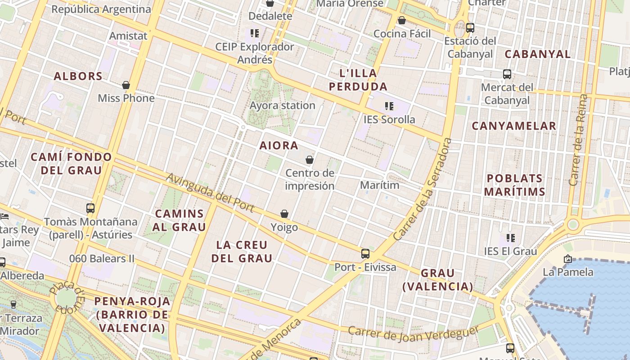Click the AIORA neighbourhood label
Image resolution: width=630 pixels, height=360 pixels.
pos(279,145)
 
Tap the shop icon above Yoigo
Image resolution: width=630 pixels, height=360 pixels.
pos(284,214)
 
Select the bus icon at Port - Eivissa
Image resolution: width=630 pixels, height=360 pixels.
pos(365,254)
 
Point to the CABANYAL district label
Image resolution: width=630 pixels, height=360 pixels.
pos(537,54)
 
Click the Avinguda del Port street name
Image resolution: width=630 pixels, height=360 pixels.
pos(210,193)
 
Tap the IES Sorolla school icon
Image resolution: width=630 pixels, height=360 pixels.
pos(389,107)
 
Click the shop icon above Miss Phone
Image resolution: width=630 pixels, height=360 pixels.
pos(126,85)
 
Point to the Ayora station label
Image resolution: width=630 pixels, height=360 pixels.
pos(283,105)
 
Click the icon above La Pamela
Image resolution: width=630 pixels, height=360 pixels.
pos(568,259)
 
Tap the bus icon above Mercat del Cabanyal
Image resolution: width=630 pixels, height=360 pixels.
pos(507,74)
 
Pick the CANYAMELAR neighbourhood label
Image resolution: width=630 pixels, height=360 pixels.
pos(514,126)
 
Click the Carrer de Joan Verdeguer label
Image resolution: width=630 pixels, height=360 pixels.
pos(413,332)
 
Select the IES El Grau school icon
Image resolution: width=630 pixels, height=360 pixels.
pos(510,238)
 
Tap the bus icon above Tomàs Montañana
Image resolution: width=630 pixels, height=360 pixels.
pos(90,208)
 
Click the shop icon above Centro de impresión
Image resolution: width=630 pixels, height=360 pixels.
pos(310,160)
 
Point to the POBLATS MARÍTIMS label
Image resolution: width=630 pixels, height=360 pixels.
pos(515,185)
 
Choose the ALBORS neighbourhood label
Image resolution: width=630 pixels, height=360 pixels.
pos(78,76)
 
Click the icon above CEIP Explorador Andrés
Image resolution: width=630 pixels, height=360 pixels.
pos(255,33)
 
